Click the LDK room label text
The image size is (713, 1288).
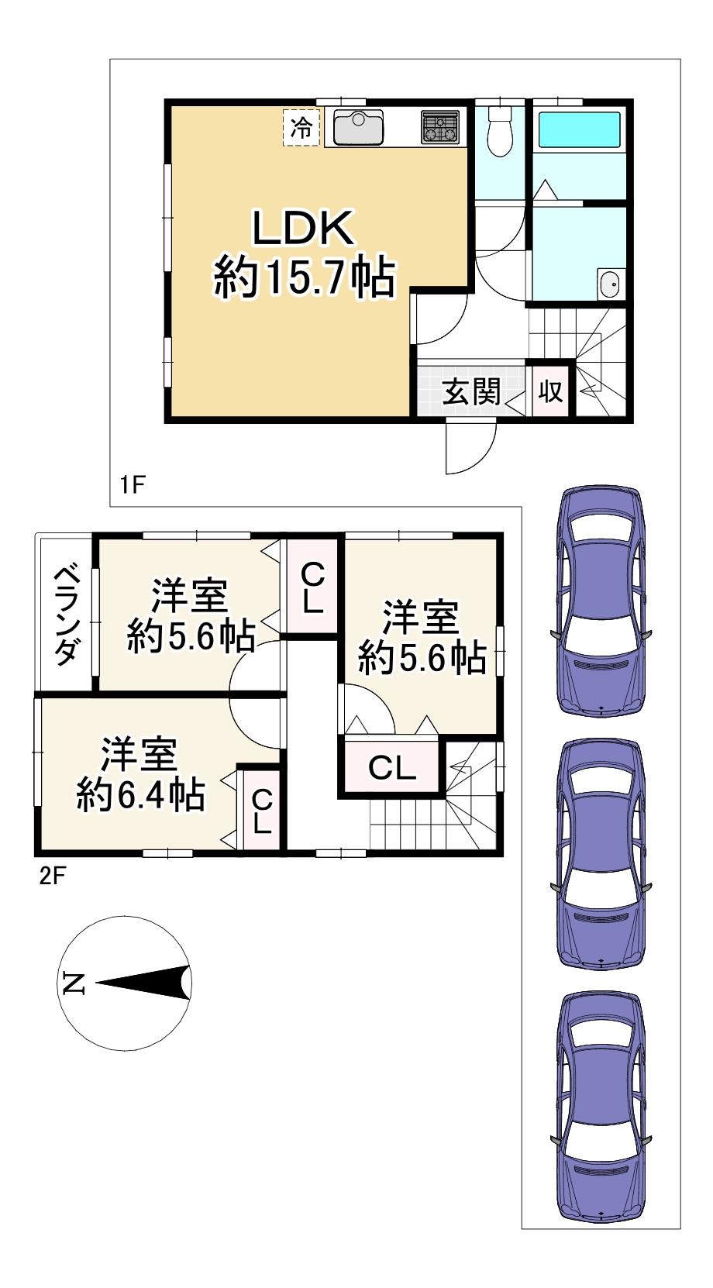[302, 229]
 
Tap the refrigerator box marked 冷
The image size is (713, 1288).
[301, 128]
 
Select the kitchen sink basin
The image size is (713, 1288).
[357, 127]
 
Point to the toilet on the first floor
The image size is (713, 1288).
[499, 130]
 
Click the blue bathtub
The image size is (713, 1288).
[579, 131]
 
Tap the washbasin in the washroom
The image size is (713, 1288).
[608, 284]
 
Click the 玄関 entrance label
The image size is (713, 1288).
[471, 392]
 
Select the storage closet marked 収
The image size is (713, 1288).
[550, 391]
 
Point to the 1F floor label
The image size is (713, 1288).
[132, 484]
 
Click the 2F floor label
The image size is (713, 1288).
[53, 877]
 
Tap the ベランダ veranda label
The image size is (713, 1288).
[66, 616]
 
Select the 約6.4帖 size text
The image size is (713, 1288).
[141, 794]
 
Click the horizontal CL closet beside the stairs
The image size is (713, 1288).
[391, 767]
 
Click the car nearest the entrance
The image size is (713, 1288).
[601, 601]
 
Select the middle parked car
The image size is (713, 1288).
[601, 855]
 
